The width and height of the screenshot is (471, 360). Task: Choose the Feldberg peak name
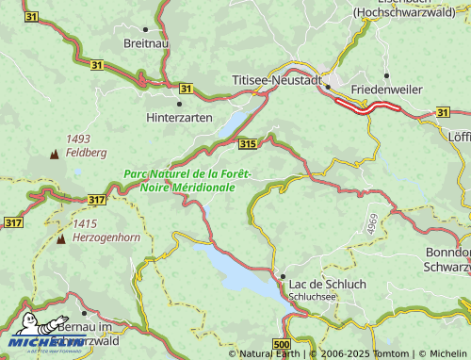(86, 152)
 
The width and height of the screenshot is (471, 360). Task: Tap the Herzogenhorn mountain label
(106, 237)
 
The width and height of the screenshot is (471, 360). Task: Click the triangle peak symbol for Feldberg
(53, 152)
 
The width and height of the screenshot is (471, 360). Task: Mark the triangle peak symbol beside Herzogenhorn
(61, 238)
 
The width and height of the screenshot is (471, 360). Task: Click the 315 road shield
(248, 143)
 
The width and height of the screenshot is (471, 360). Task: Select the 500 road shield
(281, 345)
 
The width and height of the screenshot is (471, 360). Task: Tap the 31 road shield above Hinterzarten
(186, 89)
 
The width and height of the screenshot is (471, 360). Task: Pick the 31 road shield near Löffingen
(443, 112)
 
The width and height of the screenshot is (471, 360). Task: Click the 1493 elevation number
(78, 139)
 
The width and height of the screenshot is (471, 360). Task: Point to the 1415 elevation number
(85, 223)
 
